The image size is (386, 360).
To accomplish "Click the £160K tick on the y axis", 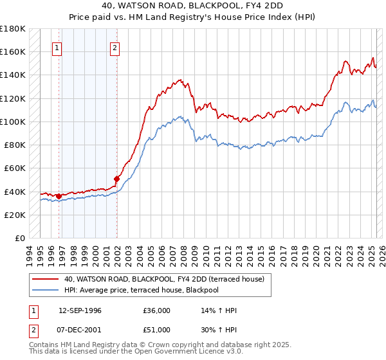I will pyautogui.click(x=14, y=51).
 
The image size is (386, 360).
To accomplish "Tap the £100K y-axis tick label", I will pyautogui.click(x=14, y=122).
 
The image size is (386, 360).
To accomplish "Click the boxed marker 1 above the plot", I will pyautogui.click(x=58, y=47).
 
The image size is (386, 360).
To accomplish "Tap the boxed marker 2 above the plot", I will pyautogui.click(x=115, y=47).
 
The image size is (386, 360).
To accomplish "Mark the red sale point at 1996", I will pyautogui.click(x=59, y=196).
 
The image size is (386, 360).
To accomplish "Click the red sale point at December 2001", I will pyautogui.click(x=116, y=179).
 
